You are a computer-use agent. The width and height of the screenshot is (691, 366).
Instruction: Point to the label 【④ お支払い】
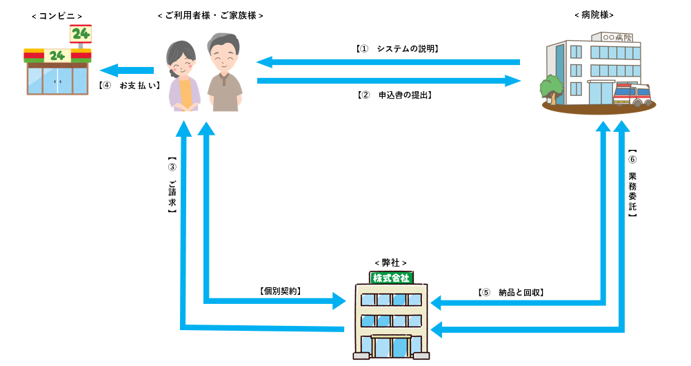(129, 86)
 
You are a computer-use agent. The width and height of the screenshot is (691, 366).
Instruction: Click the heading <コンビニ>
(57, 14)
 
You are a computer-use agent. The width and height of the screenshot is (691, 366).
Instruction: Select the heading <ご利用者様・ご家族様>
(210, 15)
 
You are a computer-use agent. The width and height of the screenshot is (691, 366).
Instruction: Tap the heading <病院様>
(594, 14)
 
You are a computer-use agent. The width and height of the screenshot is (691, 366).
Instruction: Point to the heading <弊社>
(390, 262)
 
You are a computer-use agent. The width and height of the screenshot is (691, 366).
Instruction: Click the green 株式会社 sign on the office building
(390, 278)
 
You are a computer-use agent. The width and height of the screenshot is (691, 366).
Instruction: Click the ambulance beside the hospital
(632, 94)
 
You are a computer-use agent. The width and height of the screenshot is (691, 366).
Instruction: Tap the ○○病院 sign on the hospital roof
(617, 36)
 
